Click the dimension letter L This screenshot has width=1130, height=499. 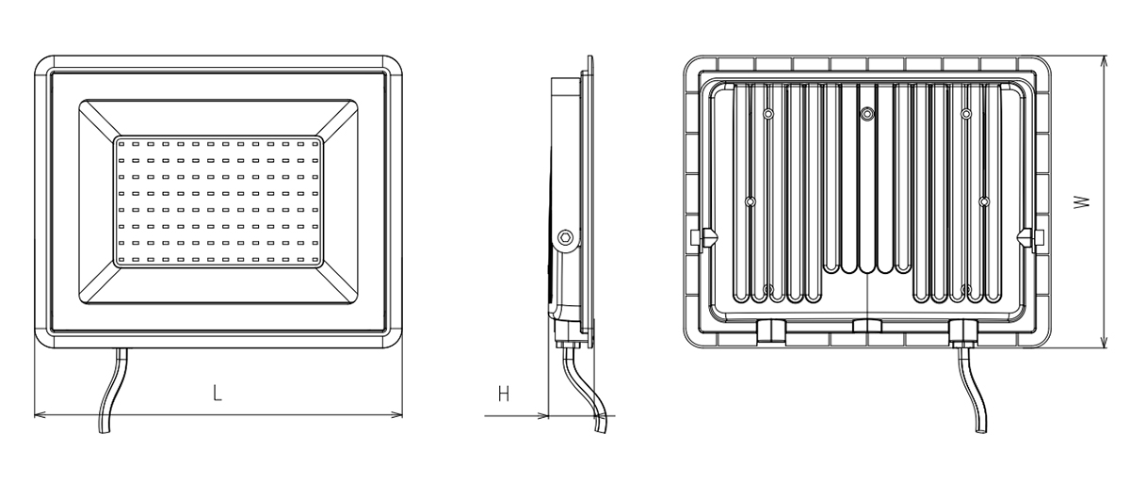pyautogui.click(x=218, y=393)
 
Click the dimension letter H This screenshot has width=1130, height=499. pyautogui.click(x=504, y=394)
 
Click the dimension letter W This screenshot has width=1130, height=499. pyautogui.click(x=1082, y=201)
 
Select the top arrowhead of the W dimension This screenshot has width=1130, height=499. pyautogui.click(x=1105, y=62)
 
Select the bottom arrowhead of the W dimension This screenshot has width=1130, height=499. pyautogui.click(x=1105, y=341)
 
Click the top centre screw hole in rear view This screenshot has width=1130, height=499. pyautogui.click(x=866, y=114)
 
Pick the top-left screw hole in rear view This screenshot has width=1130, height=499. pyautogui.click(x=767, y=114)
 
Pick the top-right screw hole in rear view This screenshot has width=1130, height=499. pyautogui.click(x=965, y=114)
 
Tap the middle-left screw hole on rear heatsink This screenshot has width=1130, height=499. pyautogui.click(x=751, y=201)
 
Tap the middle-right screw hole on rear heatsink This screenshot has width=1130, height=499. pyautogui.click(x=984, y=201)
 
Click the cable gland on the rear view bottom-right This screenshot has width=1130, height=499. pyautogui.click(x=963, y=332)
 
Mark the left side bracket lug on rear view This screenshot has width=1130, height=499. pyautogui.click(x=702, y=237)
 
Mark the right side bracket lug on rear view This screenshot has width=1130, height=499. pyautogui.click(x=1031, y=238)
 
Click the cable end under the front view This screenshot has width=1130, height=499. pyautogui.click(x=104, y=430)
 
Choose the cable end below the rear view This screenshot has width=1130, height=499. pyautogui.click(x=981, y=429)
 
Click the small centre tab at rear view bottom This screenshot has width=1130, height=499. pyautogui.click(x=867, y=326)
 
